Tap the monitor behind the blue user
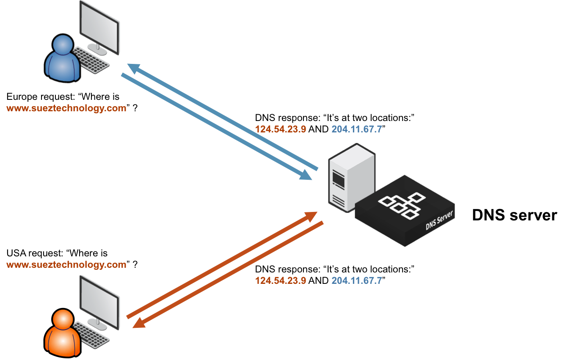100,25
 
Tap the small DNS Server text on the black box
439,221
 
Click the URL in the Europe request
66,108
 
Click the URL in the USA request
66,265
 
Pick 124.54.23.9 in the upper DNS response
281,129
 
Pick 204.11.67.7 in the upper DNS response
357,129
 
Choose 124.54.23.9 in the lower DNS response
281,280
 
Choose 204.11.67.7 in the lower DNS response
357,280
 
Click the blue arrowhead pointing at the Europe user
135,69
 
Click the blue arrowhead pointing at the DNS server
306,175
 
